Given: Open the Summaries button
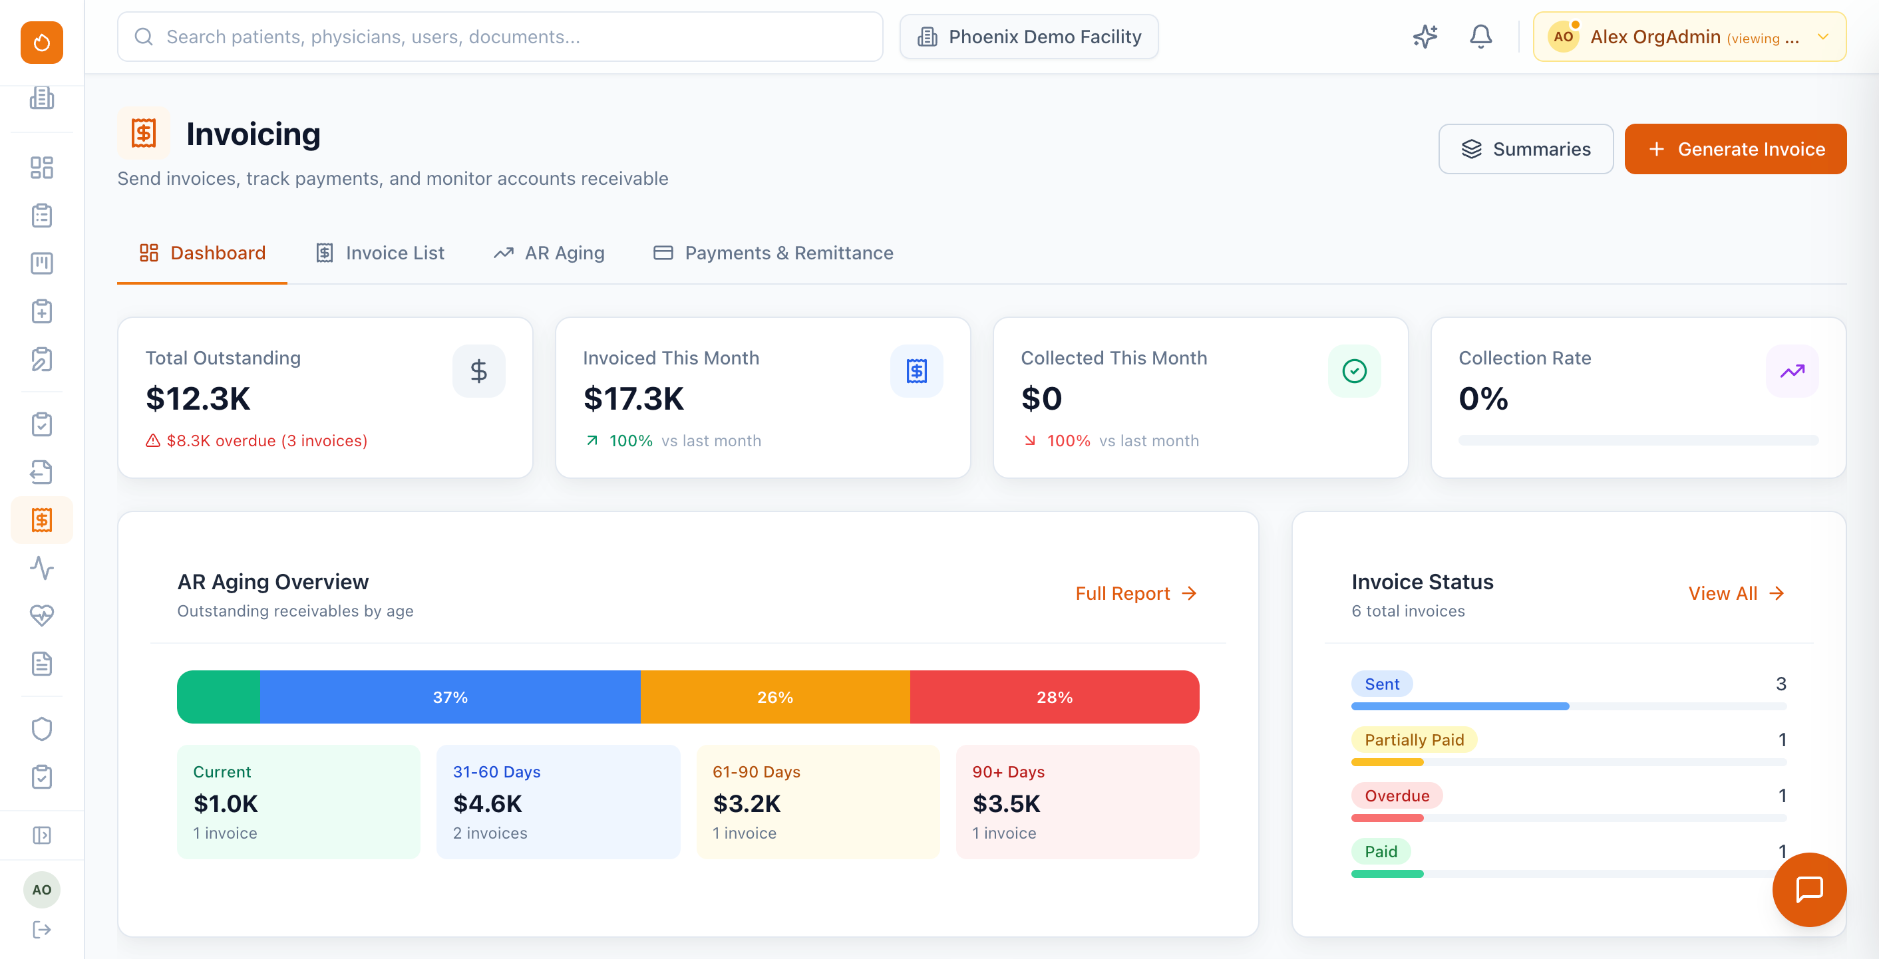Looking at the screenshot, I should click(1525, 149).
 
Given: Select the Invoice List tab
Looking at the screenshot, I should click(380, 253).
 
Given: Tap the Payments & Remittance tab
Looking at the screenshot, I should click(773, 253).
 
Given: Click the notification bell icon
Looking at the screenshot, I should click(1480, 37).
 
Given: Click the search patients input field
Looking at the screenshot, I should click(500, 37).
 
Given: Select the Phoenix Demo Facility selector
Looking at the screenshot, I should click(1029, 37).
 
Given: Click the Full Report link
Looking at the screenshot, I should click(1135, 594).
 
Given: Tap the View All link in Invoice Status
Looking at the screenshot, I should click(1735, 594).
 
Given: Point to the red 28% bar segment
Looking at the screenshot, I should click(1054, 697).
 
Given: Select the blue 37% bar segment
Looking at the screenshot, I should click(450, 697).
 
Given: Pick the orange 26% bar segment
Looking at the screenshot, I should click(774, 697).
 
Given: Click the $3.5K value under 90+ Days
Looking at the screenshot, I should click(1006, 803).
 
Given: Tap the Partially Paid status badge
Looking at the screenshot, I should click(1414, 740).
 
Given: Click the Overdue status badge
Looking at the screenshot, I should click(1396, 795).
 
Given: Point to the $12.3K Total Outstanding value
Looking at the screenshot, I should click(198, 399).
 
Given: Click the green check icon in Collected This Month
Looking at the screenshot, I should click(1354, 371).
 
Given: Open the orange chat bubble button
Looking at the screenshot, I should click(1809, 889).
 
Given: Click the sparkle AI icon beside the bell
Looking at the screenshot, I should click(1425, 37).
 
